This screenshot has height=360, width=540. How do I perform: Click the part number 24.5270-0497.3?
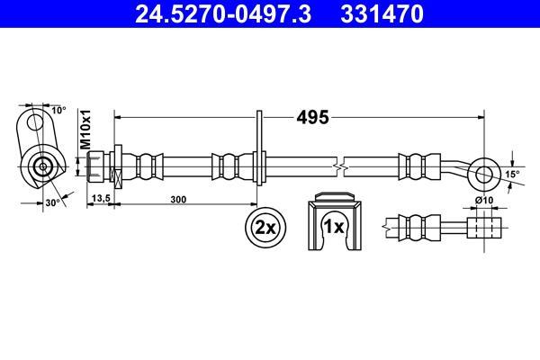click(223, 13)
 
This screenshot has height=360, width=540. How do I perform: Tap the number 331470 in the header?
click(382, 13)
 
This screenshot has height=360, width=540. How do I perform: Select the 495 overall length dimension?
click(312, 118)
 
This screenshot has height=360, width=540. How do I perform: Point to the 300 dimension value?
click(178, 200)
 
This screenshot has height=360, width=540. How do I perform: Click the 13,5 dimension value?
click(101, 198)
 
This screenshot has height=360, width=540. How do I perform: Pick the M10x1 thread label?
click(85, 130)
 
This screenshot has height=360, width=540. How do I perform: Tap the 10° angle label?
click(58, 110)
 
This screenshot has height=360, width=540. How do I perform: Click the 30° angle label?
click(53, 202)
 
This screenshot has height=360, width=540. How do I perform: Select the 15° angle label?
click(512, 175)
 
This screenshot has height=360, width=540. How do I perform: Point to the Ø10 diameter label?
click(484, 200)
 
